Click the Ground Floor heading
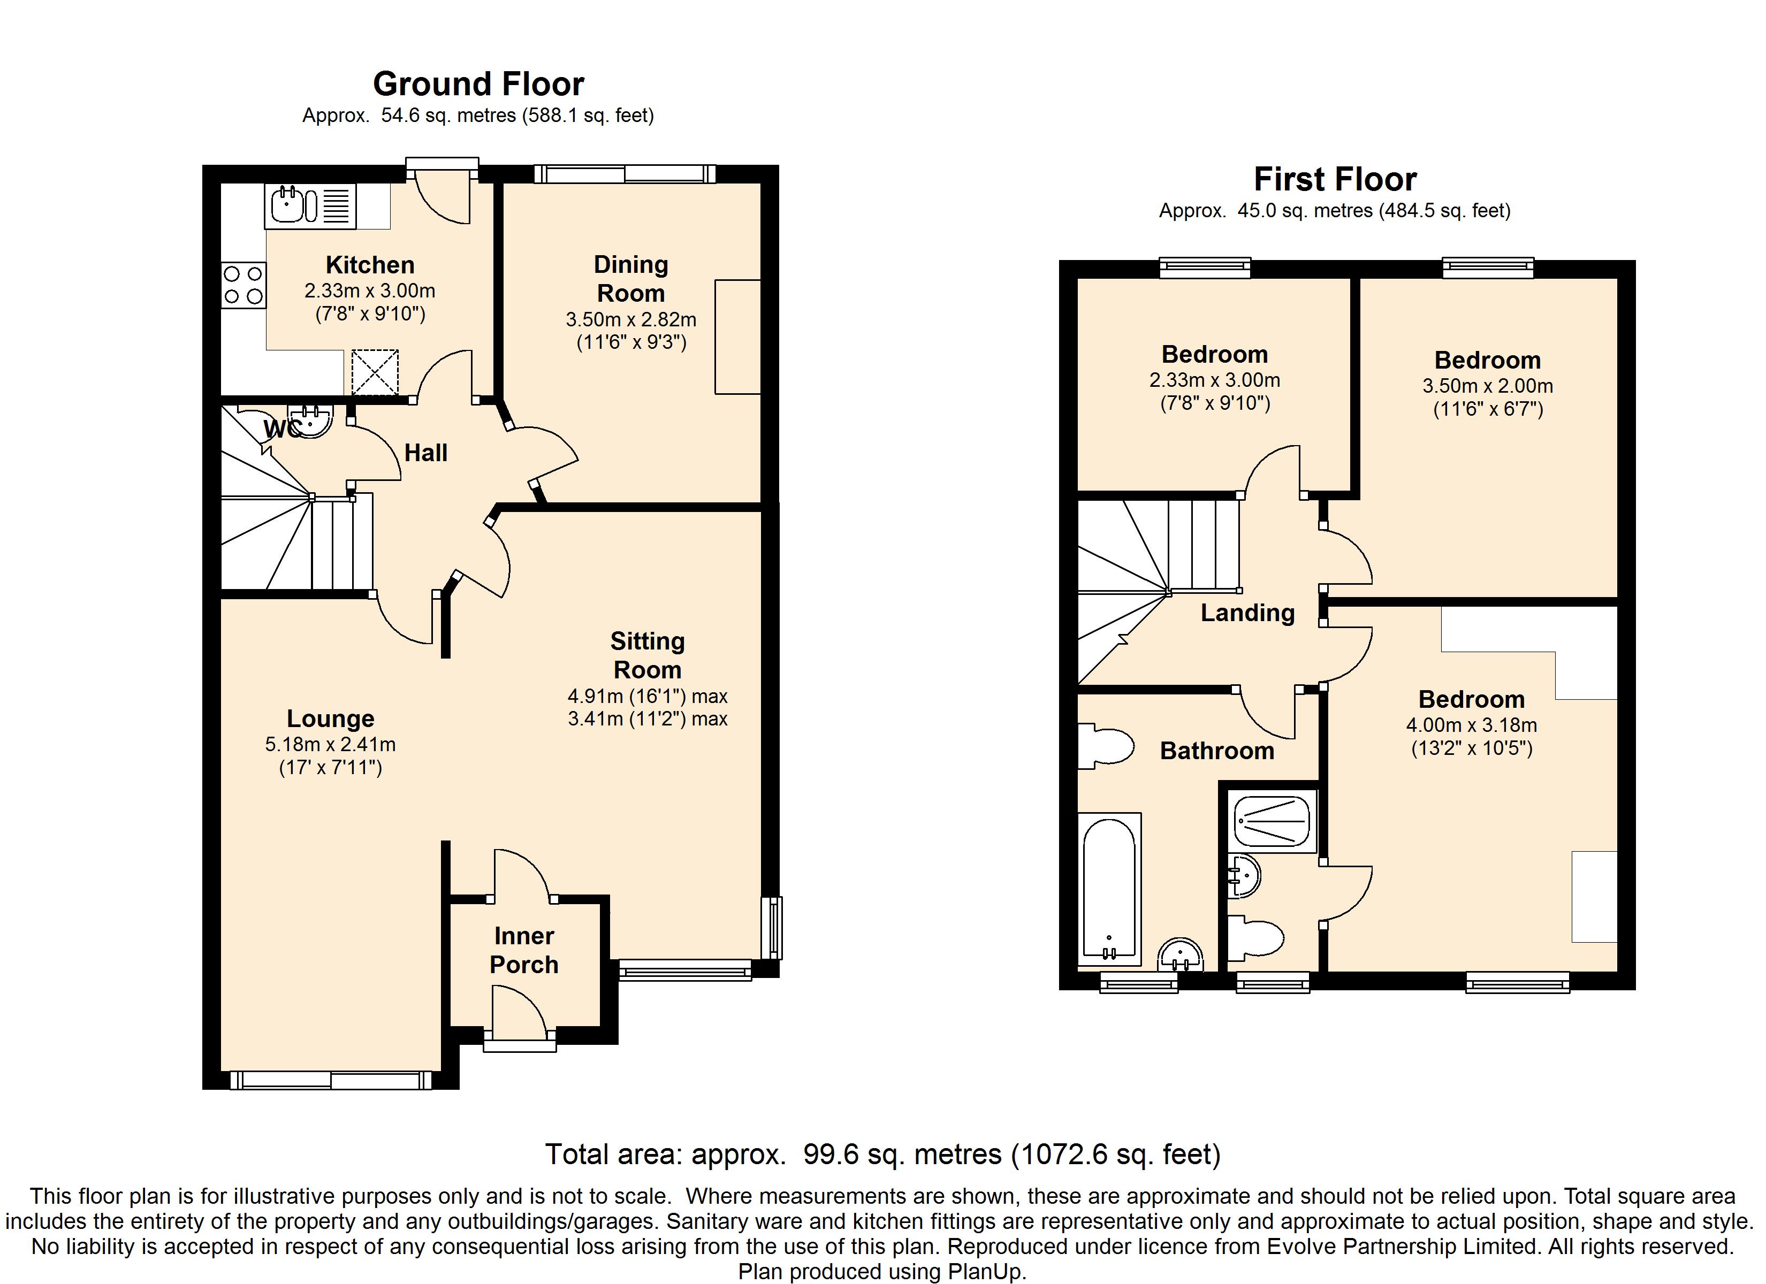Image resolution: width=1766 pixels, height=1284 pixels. tap(478, 84)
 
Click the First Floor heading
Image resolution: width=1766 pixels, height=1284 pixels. tap(1335, 180)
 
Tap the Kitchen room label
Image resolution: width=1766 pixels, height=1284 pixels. tap(370, 265)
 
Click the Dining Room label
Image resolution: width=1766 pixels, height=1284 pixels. tap(631, 279)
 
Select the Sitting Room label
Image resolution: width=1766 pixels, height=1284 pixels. tap(647, 655)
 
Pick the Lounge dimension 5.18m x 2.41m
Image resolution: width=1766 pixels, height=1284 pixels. tap(330, 744)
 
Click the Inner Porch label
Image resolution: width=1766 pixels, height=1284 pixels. tap(524, 950)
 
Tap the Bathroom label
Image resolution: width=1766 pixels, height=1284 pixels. tap(1217, 751)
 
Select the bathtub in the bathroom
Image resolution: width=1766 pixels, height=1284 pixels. tap(1109, 889)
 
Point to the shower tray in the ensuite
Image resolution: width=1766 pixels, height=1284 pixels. tap(1272, 821)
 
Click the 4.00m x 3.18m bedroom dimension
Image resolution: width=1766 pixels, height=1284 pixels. tap(1472, 725)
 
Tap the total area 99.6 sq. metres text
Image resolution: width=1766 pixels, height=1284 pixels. tap(883, 1154)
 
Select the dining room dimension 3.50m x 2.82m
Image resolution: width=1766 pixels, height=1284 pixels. tap(631, 320)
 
